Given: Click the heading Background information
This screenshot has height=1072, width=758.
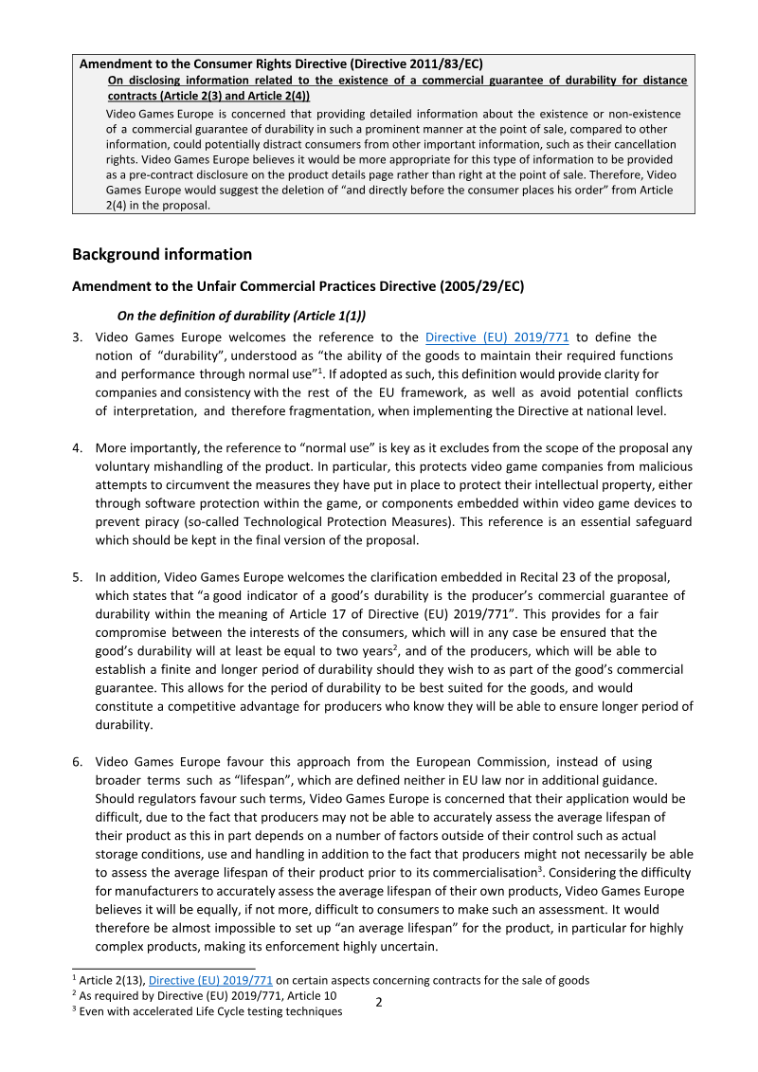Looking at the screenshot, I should coord(162,254).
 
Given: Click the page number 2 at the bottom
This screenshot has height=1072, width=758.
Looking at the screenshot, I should coord(379,1002).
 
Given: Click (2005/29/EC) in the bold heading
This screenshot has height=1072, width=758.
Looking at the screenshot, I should coord(481,286).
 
